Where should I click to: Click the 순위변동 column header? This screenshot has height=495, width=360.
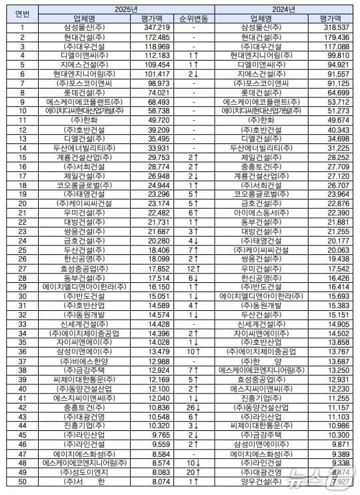[x=192, y=19]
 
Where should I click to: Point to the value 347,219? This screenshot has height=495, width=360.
[x=153, y=28]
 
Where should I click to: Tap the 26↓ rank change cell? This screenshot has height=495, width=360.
[x=192, y=406]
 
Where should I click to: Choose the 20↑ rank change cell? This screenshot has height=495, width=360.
[x=192, y=470]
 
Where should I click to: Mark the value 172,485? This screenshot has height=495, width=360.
[x=153, y=37]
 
